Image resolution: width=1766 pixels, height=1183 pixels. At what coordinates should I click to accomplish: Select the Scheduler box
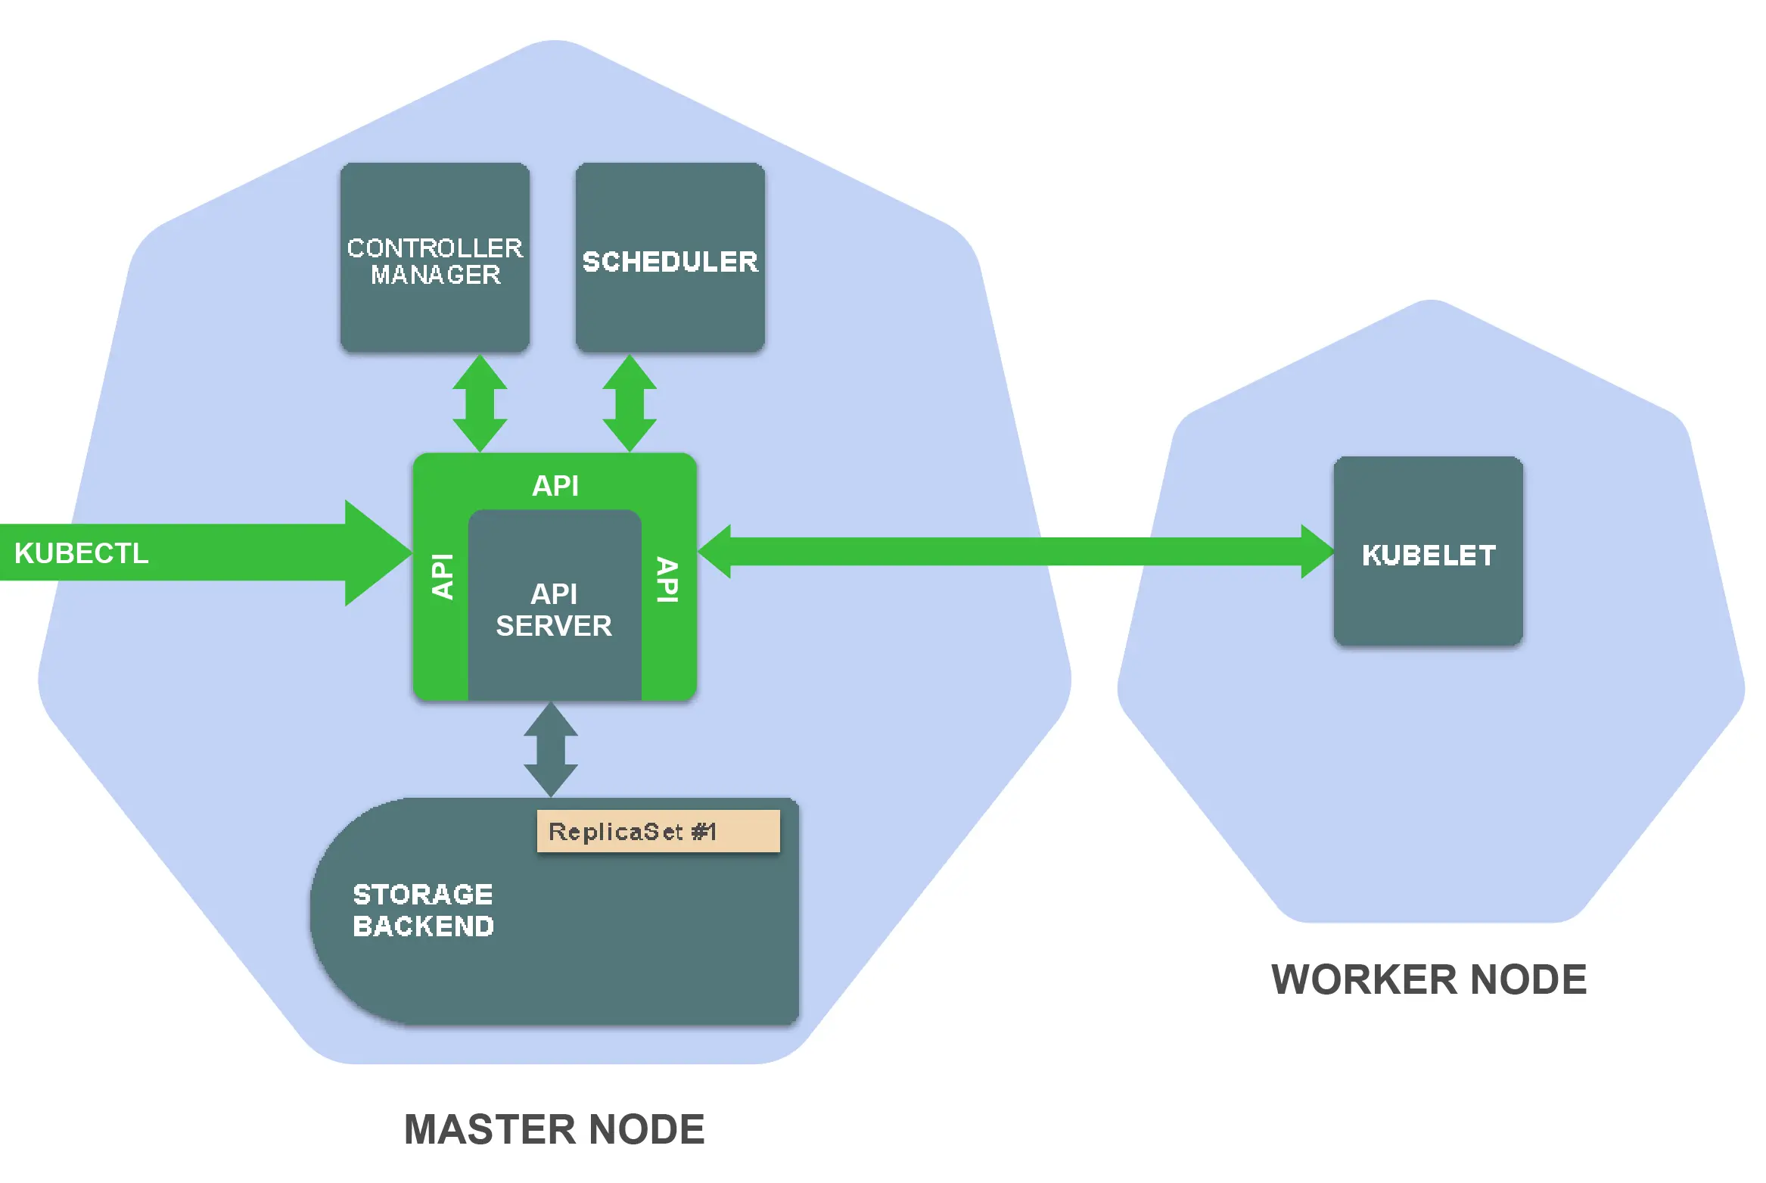click(x=670, y=257)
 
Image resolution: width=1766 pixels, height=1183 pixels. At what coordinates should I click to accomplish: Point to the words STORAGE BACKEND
click(x=423, y=910)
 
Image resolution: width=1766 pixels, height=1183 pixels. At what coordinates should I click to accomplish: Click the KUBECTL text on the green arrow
click(x=82, y=553)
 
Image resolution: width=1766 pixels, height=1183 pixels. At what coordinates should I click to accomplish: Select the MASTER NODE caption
click(x=554, y=1129)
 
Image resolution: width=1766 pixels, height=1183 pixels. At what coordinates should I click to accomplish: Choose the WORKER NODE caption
click(x=1429, y=979)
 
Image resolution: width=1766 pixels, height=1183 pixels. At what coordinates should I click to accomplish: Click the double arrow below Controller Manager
click(x=480, y=403)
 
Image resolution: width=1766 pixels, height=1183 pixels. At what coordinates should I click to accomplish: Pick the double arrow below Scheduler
click(x=630, y=403)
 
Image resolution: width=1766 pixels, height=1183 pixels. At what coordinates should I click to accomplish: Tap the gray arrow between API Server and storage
click(x=551, y=749)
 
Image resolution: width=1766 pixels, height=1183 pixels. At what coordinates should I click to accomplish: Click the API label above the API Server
click(x=555, y=485)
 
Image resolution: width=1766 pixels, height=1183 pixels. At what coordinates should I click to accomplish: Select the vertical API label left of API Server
click(x=442, y=577)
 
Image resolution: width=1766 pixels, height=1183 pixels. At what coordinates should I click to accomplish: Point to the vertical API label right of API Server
click(x=667, y=580)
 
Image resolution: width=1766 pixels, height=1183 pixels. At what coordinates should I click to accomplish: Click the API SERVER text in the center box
click(x=554, y=610)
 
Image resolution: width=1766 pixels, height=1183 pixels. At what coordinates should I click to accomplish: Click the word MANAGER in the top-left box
click(x=435, y=275)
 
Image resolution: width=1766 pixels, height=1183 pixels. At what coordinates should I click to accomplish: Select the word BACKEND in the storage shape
click(x=423, y=926)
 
